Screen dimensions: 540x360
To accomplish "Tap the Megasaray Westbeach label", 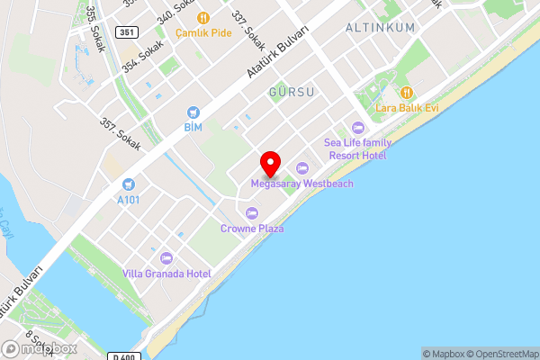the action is (301, 184).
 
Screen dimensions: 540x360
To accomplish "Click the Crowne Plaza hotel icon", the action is (252, 213).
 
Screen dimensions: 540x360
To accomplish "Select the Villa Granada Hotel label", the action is (166, 274).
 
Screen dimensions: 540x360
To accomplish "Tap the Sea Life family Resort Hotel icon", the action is (358, 128).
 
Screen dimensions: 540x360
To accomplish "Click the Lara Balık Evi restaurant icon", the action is (407, 92).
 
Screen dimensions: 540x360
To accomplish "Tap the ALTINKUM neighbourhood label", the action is (381, 28).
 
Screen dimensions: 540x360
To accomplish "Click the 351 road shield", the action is (126, 32).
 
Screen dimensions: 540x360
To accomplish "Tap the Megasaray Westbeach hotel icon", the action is (302, 168).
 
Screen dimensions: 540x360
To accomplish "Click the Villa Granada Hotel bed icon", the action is (166, 258).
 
